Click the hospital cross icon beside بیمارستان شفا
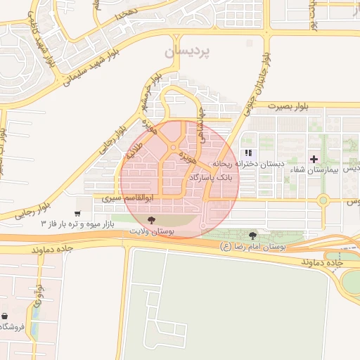(x=314, y=157)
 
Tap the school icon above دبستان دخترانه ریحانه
(x=247, y=153)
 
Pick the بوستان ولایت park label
(x=153, y=230)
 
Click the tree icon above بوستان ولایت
(x=152, y=220)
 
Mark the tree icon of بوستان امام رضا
(x=252, y=235)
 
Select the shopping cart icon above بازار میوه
(x=77, y=214)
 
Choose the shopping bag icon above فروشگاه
(x=5, y=316)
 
